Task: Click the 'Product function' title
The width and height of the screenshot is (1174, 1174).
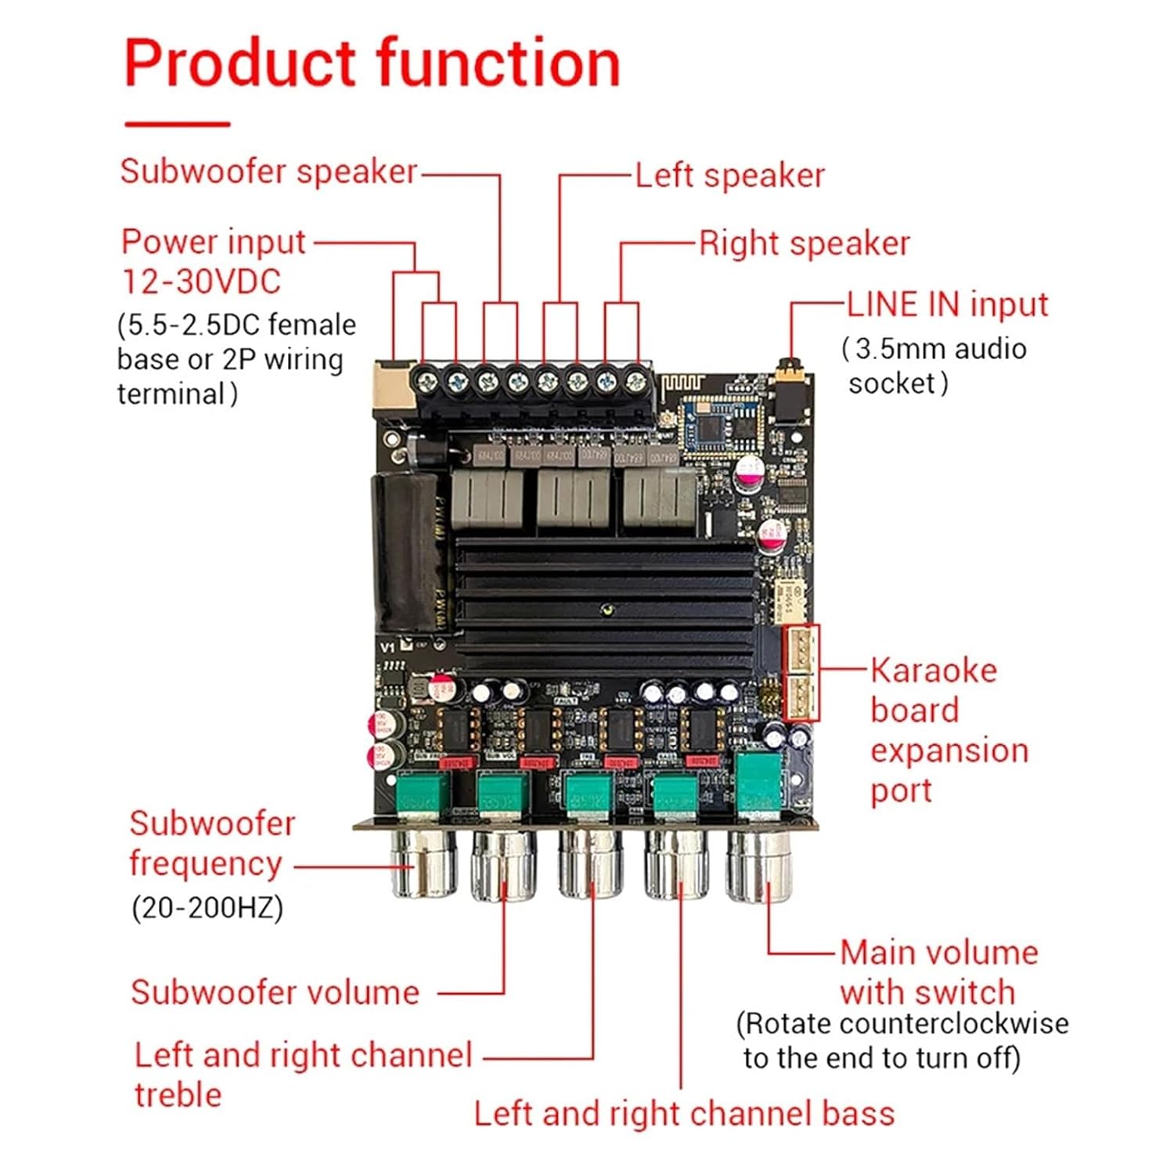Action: coord(372,64)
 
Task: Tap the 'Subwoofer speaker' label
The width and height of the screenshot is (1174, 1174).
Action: coord(268,172)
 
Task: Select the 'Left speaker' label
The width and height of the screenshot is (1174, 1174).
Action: coord(729,176)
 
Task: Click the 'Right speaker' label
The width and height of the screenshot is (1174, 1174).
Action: coord(804,244)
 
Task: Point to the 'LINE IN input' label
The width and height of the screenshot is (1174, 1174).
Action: coord(947,304)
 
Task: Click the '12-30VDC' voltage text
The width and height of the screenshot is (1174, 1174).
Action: coord(201,282)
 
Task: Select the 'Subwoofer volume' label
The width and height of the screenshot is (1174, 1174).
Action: coord(275,992)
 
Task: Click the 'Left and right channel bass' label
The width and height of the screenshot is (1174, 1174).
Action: coord(684,1114)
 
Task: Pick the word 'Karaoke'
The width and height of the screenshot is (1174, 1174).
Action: coord(933,671)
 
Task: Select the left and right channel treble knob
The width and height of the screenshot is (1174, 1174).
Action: coord(591,865)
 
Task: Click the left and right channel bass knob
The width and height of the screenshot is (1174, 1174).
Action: coord(675,865)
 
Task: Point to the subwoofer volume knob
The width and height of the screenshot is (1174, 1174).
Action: coord(504,865)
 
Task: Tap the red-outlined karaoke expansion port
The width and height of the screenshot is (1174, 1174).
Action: coord(801,672)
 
